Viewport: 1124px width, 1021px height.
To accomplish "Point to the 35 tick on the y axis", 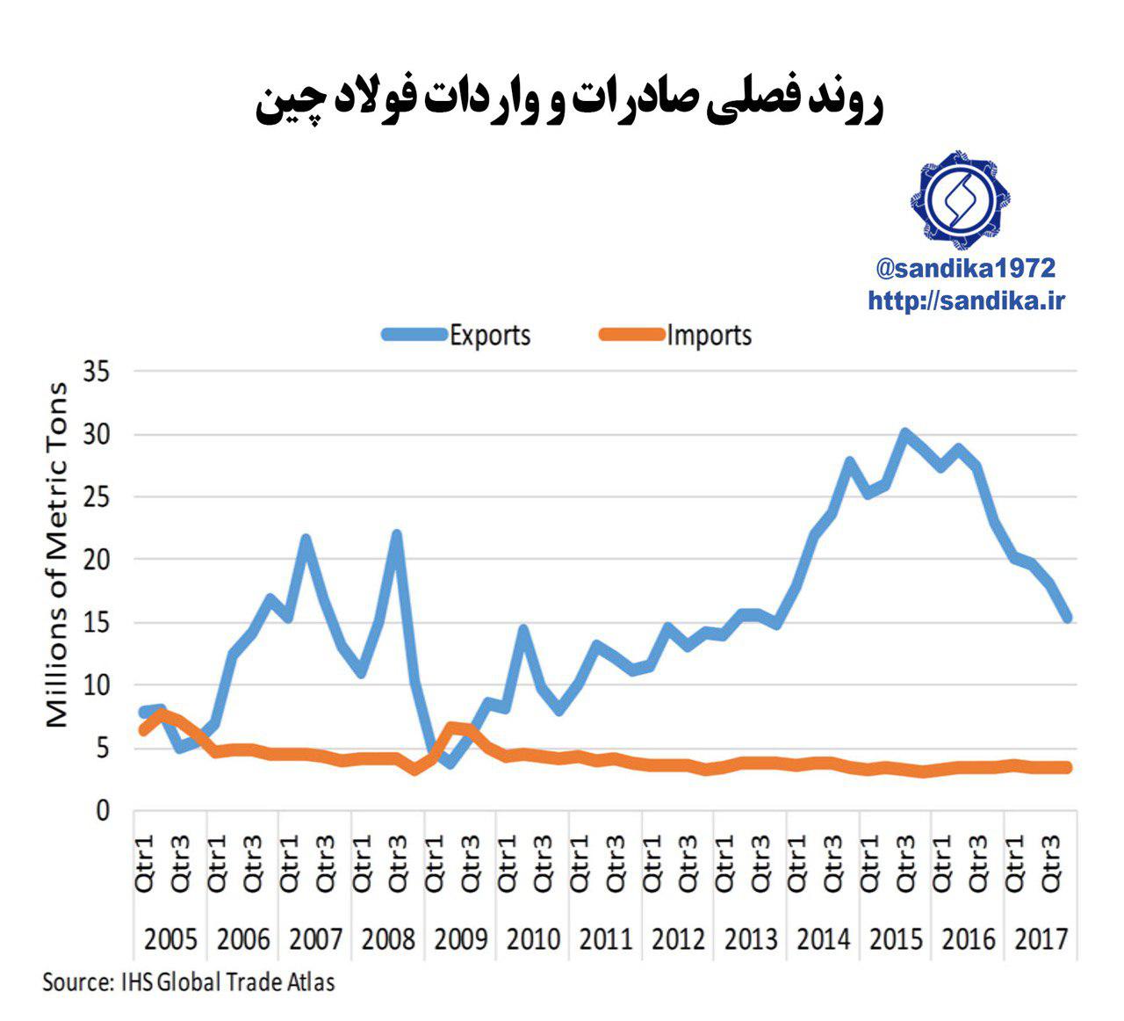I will pyautogui.click(x=96, y=372).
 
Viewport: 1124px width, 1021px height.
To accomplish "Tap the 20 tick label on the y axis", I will pyautogui.click(x=96, y=560).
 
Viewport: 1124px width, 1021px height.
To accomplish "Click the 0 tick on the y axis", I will pyautogui.click(x=104, y=810).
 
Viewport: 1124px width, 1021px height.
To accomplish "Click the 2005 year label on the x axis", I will pyautogui.click(x=170, y=939).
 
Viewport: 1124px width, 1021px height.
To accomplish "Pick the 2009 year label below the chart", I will pyautogui.click(x=460, y=939).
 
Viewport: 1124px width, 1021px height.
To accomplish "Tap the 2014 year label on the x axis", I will pyautogui.click(x=823, y=939).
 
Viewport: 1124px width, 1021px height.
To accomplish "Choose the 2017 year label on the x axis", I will pyautogui.click(x=1041, y=939).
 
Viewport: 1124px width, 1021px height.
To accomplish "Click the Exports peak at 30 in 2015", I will pyautogui.click(x=904, y=433).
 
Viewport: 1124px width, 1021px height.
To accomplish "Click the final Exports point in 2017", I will pyautogui.click(x=1068, y=619).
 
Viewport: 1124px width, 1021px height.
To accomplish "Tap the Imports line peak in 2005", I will pyautogui.click(x=161, y=714).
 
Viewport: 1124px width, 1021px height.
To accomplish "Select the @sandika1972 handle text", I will pyautogui.click(x=965, y=268).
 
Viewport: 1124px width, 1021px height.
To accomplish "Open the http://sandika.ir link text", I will pyautogui.click(x=966, y=301).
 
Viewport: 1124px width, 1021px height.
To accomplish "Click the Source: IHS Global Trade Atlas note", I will pyautogui.click(x=189, y=981).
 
